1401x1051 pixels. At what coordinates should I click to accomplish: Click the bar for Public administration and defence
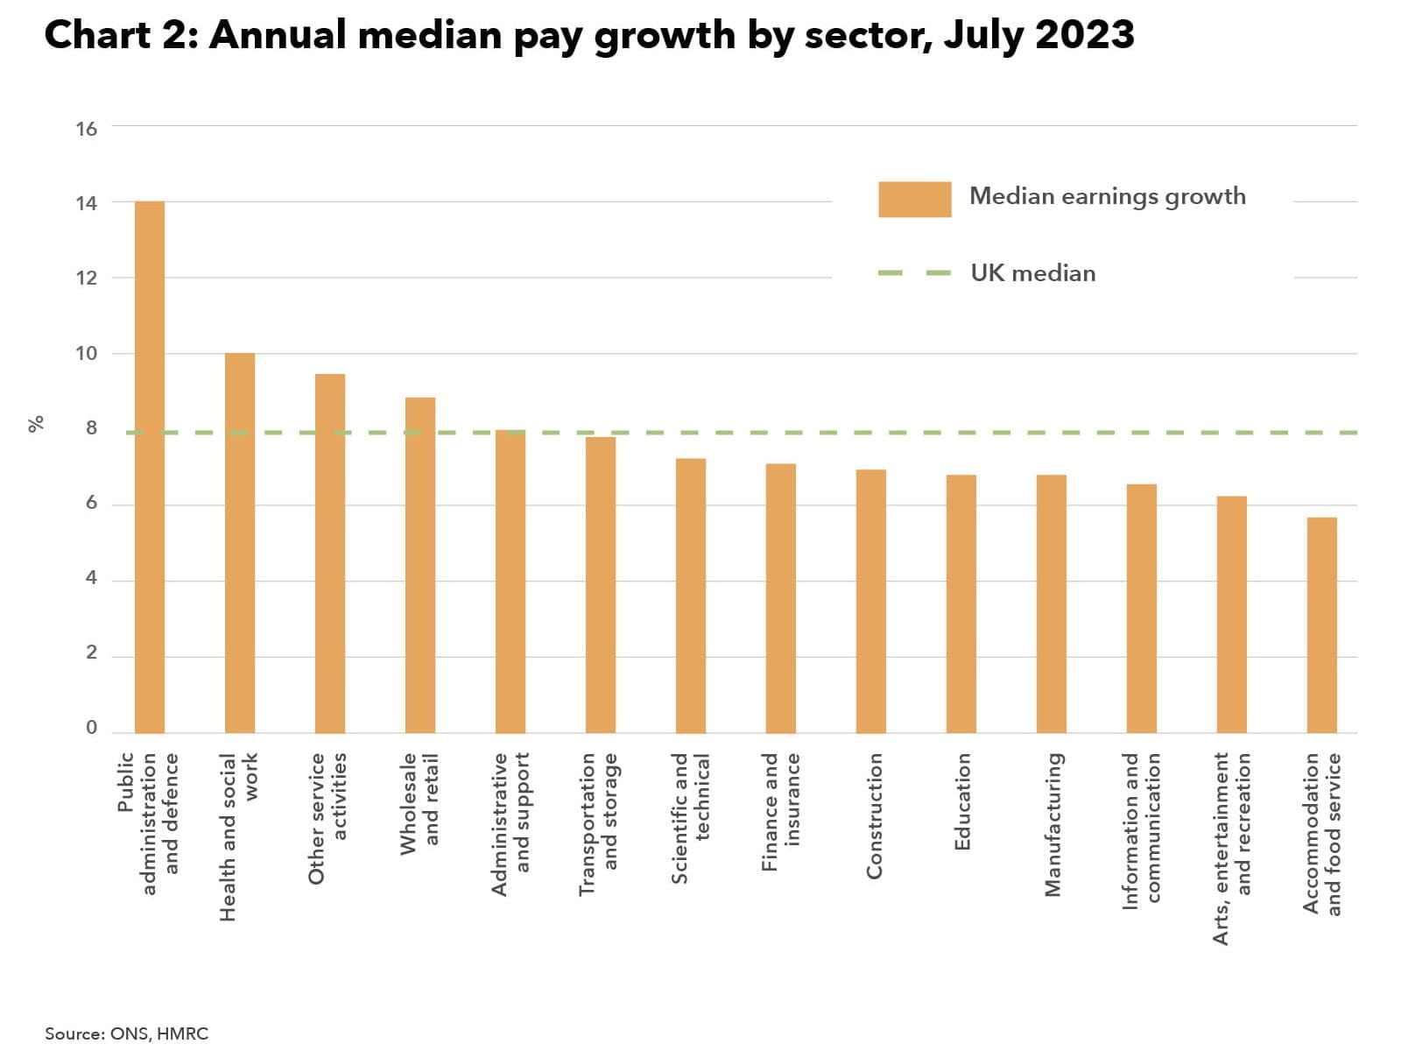click(x=150, y=467)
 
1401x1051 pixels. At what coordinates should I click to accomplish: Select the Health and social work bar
click(x=240, y=543)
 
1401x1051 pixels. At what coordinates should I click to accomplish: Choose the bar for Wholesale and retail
click(x=420, y=565)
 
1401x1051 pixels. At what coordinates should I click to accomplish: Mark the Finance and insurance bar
click(x=781, y=598)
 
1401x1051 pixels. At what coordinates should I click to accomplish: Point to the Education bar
click(x=961, y=603)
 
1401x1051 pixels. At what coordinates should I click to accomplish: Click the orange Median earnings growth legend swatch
click(x=914, y=199)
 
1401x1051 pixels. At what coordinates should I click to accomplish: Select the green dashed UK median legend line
click(x=914, y=273)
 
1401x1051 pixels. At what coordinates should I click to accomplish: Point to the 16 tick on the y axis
click(x=87, y=129)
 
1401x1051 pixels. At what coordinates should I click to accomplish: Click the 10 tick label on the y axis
click(x=87, y=354)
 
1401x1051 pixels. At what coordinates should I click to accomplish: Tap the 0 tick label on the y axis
click(x=91, y=728)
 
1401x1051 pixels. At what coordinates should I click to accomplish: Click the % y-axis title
click(x=36, y=424)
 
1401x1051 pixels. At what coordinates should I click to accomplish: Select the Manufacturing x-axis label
click(x=1053, y=824)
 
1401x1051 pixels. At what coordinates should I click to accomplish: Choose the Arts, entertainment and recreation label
click(x=1232, y=848)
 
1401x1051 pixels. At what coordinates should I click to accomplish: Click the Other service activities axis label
click(x=328, y=817)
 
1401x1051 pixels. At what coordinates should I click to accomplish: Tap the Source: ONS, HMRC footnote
click(x=127, y=1033)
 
